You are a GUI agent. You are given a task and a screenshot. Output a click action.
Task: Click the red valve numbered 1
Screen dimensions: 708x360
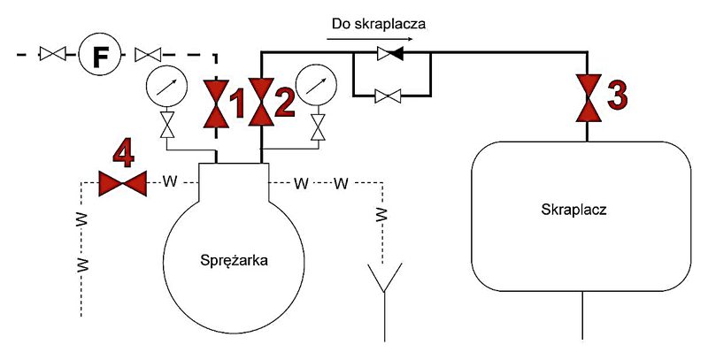tap(216, 103)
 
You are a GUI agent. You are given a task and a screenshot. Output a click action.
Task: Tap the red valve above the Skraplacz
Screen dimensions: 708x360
tap(589, 98)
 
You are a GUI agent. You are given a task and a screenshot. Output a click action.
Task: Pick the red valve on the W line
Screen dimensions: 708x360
tap(123, 184)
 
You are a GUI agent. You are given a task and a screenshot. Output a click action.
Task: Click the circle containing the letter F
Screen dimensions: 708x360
tap(99, 55)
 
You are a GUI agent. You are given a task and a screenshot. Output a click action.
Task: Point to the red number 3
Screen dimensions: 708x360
tap(617, 96)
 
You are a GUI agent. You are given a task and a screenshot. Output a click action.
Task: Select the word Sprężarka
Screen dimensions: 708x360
tap(234, 261)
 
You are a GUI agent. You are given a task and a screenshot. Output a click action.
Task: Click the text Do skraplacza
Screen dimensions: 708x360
tap(379, 24)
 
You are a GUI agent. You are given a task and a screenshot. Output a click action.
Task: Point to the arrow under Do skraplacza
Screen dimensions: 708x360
tap(370, 39)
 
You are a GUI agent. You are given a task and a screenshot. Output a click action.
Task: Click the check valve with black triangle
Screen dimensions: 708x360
tap(390, 54)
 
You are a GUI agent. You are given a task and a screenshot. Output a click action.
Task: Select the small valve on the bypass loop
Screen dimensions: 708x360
tap(388, 96)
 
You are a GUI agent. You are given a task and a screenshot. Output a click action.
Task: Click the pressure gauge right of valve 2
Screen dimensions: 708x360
tap(317, 85)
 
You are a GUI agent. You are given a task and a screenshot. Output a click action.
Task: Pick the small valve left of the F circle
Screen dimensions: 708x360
tap(53, 54)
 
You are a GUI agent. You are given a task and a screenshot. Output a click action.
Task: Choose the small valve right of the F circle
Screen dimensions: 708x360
tap(148, 54)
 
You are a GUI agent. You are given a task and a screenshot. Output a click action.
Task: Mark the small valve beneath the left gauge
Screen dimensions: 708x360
tap(167, 125)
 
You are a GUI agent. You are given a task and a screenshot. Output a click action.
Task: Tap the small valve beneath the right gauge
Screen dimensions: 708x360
tap(319, 126)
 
